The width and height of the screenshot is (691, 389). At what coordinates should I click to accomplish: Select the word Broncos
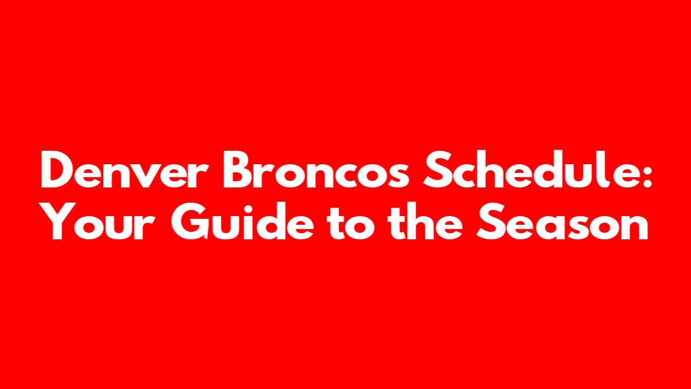point(316,169)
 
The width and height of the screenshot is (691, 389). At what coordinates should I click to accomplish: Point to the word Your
point(98,221)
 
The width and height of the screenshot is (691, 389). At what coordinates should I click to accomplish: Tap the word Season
point(562,221)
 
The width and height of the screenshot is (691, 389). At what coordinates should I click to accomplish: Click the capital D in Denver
point(56,169)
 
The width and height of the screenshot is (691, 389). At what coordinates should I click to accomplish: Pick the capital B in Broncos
point(238,169)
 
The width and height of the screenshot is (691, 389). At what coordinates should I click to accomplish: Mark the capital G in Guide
point(189,222)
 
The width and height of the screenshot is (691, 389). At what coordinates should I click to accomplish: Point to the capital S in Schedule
point(436,169)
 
